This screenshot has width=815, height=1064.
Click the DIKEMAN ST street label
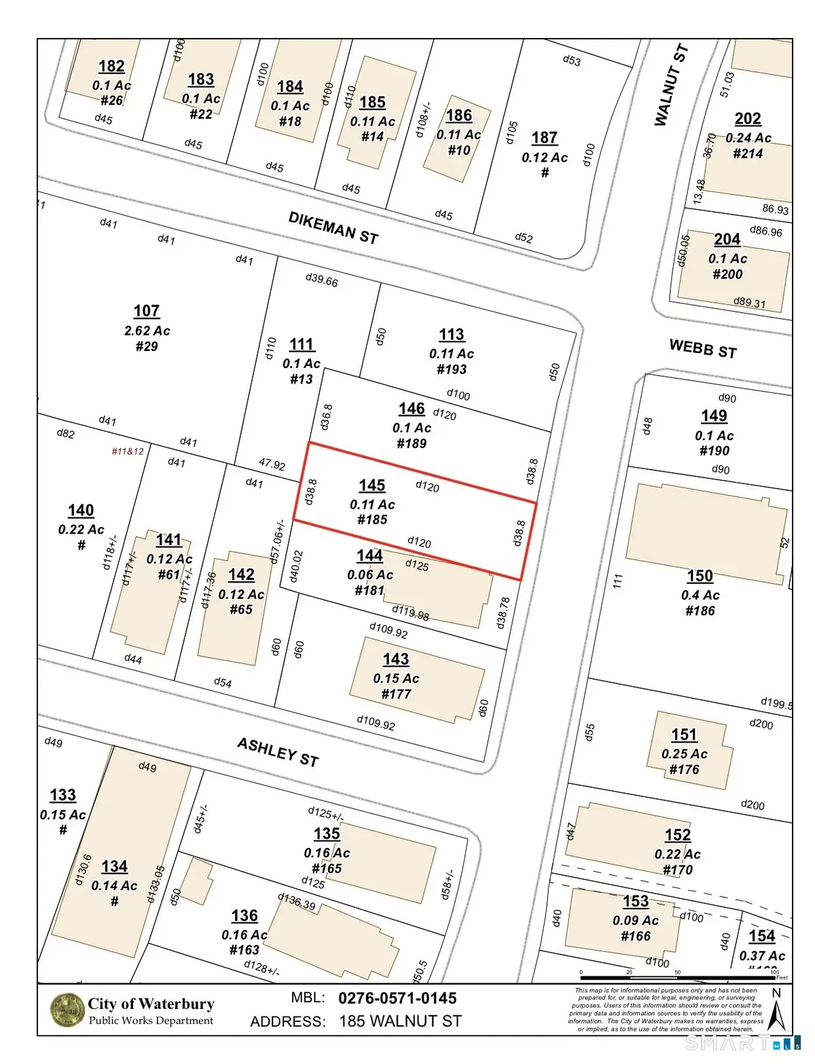click(x=333, y=227)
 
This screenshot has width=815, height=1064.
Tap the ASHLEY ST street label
click(x=278, y=752)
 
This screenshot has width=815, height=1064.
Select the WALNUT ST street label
click(x=671, y=86)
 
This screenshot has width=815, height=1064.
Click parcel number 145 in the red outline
click(x=372, y=485)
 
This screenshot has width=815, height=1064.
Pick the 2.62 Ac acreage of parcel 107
click(x=147, y=331)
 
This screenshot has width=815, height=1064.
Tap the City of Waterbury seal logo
click(x=67, y=1010)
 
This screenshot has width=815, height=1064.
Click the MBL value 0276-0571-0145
click(x=397, y=998)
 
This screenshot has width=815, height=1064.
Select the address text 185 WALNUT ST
click(x=400, y=1021)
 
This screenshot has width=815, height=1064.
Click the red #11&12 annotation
click(x=128, y=451)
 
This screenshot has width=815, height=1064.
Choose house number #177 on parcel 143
click(x=396, y=694)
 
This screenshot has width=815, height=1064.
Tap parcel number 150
click(x=700, y=576)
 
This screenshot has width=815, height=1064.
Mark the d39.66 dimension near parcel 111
click(x=321, y=280)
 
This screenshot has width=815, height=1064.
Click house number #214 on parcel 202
click(x=748, y=153)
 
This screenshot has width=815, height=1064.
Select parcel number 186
click(x=459, y=115)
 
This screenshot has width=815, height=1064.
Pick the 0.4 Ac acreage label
click(x=700, y=595)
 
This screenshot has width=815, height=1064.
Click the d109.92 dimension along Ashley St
click(x=376, y=722)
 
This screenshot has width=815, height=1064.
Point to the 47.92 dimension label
click(x=272, y=464)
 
